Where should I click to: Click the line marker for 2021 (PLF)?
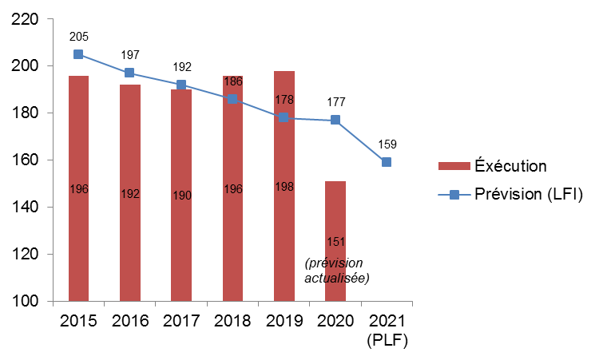tap(387, 162)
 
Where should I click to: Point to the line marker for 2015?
tap(78, 54)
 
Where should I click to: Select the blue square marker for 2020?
tap(335, 120)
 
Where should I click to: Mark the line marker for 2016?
tap(130, 73)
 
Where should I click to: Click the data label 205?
tap(78, 36)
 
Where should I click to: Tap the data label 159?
tap(387, 144)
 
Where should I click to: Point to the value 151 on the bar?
tap(335, 241)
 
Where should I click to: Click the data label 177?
tap(335, 101)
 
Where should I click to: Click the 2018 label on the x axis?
tap(232, 322)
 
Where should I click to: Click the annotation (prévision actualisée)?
tap(336, 270)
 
